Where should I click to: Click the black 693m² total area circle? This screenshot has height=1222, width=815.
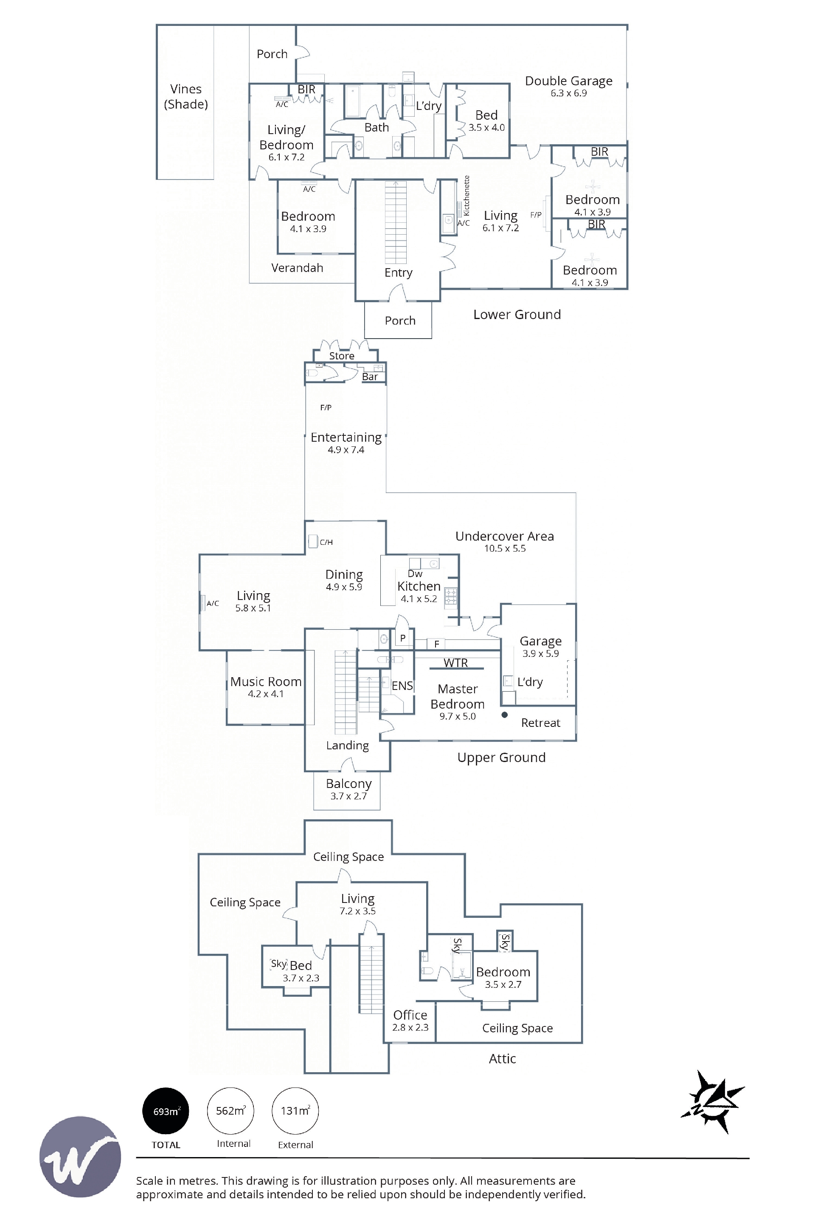point(166,1111)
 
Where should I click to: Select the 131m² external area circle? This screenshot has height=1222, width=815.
point(295,1111)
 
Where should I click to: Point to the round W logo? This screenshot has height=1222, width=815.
point(80,1157)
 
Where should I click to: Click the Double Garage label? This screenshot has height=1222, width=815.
point(569,81)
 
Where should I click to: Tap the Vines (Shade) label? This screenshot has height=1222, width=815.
point(186,97)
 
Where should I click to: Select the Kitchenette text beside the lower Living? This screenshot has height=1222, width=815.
point(466,196)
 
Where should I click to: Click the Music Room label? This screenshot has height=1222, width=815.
point(266,682)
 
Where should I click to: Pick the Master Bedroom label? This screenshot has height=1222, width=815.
point(458,696)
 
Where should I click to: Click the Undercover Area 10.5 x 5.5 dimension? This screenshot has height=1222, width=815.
point(505,549)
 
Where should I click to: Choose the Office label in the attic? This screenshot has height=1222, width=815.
point(410,1015)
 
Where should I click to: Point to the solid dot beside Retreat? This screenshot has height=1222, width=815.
point(504,715)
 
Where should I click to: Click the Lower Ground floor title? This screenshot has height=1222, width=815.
point(517,314)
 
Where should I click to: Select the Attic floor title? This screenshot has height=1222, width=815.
point(502,1058)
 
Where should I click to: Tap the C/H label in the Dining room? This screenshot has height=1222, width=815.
point(326,542)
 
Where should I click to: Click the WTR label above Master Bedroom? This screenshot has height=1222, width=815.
point(456,663)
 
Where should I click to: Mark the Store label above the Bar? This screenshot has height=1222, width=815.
point(341,356)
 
